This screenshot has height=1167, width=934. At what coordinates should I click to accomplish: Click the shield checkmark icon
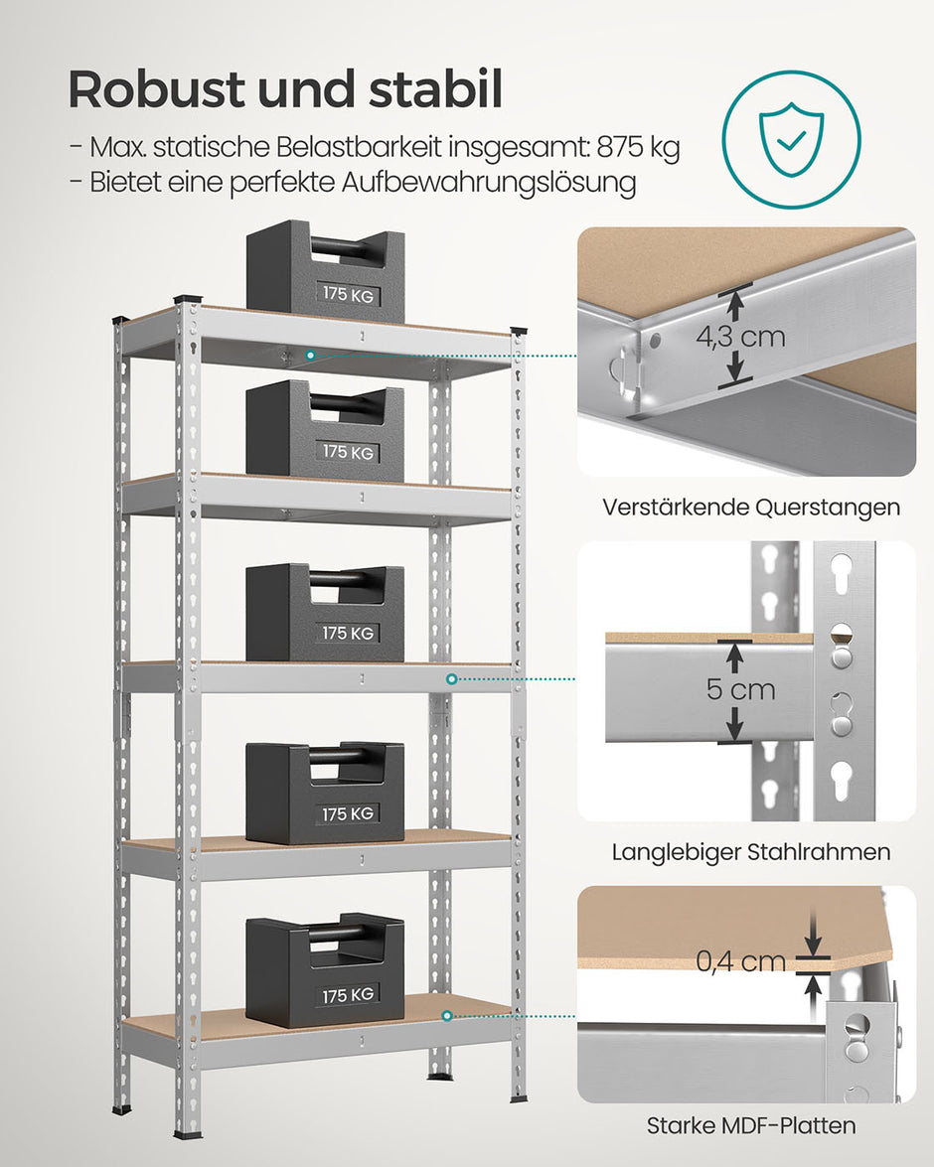791,140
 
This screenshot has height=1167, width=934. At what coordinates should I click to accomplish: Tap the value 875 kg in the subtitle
638,148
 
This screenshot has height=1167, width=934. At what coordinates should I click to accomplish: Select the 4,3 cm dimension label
739,336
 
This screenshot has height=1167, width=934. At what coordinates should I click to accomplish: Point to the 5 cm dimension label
740,689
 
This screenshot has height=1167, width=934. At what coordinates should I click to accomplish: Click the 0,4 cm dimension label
740,960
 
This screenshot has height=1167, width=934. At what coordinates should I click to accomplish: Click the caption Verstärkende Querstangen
750,507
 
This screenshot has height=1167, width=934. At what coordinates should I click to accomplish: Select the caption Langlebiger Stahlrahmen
750,852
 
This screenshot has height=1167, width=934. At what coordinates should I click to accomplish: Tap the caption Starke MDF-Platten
750,1125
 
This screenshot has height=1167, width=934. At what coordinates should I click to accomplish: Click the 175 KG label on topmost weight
348,294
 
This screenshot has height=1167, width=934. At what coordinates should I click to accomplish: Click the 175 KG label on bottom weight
348,994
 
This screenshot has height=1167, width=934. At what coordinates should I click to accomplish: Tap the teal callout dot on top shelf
311,354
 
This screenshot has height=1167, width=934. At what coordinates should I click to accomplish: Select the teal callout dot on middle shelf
452,679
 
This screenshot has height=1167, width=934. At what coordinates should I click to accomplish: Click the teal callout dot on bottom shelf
447,1016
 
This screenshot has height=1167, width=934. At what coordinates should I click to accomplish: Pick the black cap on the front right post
519,333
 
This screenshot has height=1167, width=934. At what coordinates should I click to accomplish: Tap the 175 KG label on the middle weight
348,633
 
